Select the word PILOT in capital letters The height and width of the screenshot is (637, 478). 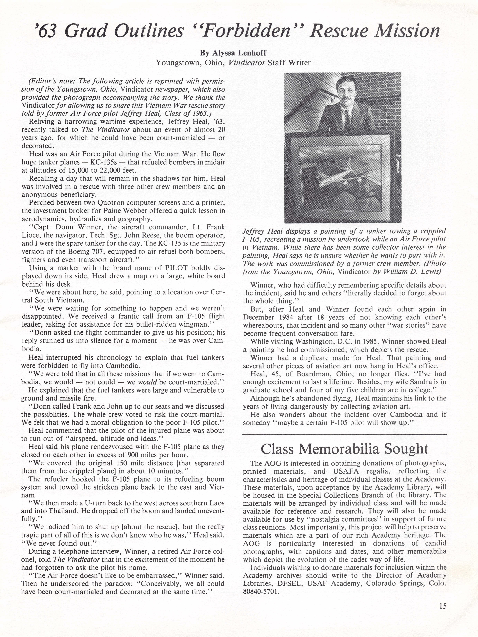tap(177, 268)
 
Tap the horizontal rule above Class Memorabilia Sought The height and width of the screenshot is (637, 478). tap(344, 434)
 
